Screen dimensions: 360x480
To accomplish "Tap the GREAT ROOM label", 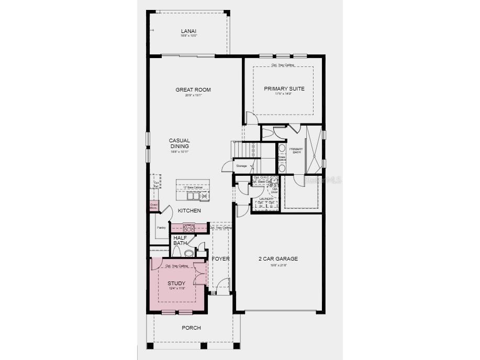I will point(193,90).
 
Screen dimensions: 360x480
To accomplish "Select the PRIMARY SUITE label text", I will point(284,88).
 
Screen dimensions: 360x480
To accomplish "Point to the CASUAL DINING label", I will point(179,143).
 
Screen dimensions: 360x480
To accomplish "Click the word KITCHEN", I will point(189,210).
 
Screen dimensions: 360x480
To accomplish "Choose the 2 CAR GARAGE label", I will point(278,258).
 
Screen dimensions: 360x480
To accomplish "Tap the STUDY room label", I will point(176,283).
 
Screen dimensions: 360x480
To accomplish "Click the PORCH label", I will point(191,328).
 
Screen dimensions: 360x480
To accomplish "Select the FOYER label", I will point(220,258).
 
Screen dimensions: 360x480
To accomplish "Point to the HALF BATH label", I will point(180,240).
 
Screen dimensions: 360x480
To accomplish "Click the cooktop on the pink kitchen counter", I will point(188,228).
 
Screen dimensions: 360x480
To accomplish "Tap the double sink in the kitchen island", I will point(193,196).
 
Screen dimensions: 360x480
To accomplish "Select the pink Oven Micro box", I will point(153,206).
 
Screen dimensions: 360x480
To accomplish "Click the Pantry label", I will point(161,228).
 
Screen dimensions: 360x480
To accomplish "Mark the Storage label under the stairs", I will point(241,166).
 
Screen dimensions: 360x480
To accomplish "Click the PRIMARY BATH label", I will point(296,151).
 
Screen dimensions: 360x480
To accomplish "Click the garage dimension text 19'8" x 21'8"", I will point(278,265).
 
